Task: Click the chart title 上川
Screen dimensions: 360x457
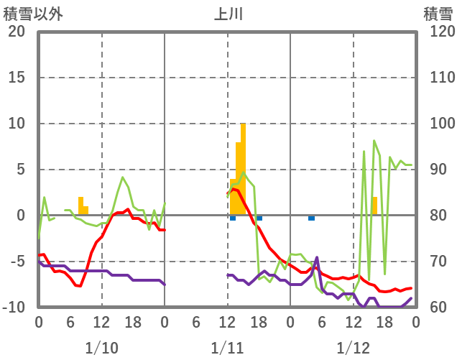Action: coord(228,14)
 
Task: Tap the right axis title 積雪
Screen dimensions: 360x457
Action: coord(438,14)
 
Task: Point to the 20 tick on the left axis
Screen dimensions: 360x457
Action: coord(16,32)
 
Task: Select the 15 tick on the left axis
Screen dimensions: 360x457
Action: coord(16,78)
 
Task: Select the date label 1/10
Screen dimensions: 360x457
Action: coord(101,349)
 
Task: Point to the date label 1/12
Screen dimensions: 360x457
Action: coord(353,349)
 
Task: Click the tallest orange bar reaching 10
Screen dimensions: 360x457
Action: coord(244,169)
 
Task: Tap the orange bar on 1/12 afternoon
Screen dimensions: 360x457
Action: coord(374,206)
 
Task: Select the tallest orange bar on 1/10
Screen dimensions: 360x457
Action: coord(80,206)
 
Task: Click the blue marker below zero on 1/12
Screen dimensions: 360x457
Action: coord(311,218)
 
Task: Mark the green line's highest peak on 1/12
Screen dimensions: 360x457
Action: coord(374,141)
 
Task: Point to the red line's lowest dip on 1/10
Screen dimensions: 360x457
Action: coord(79,286)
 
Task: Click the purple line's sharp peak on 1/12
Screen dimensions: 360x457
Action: coord(317,257)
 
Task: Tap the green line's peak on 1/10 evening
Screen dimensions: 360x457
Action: coord(122,177)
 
